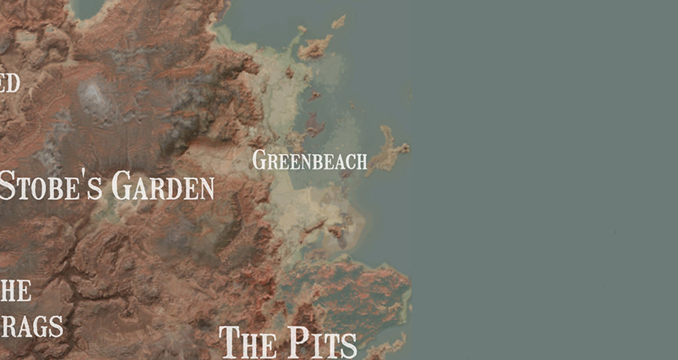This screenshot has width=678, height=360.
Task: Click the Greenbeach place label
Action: coord(309,160)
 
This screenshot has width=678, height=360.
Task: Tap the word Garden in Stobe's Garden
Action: coord(163,186)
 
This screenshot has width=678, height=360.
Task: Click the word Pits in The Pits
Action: coord(319,343)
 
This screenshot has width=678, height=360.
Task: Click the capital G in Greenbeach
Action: coord(258,159)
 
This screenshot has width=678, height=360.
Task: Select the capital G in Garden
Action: coord(121,186)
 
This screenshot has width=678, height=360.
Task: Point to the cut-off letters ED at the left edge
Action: coord(9,83)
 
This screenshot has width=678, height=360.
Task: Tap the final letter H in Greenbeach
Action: coord(362,161)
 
